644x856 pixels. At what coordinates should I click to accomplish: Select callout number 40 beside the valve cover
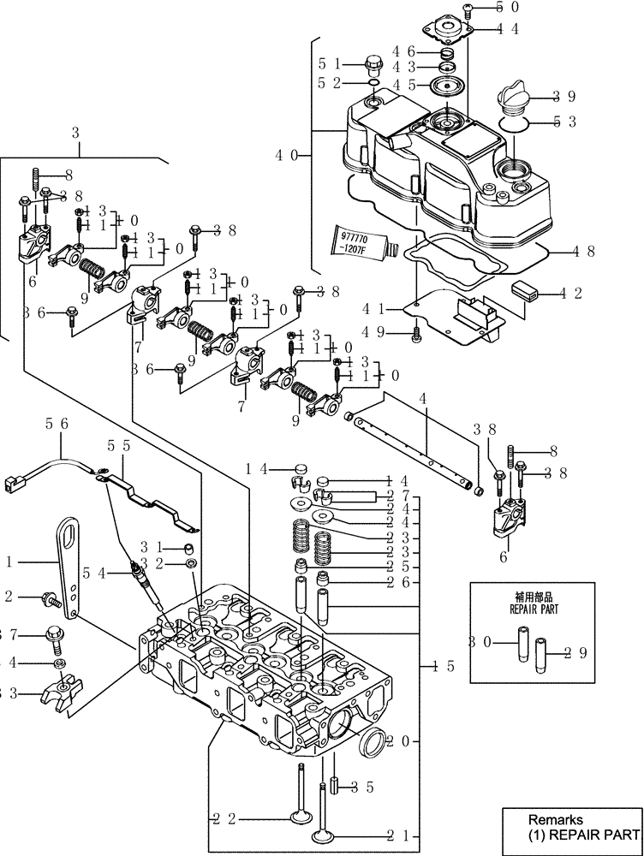(x=287, y=155)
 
